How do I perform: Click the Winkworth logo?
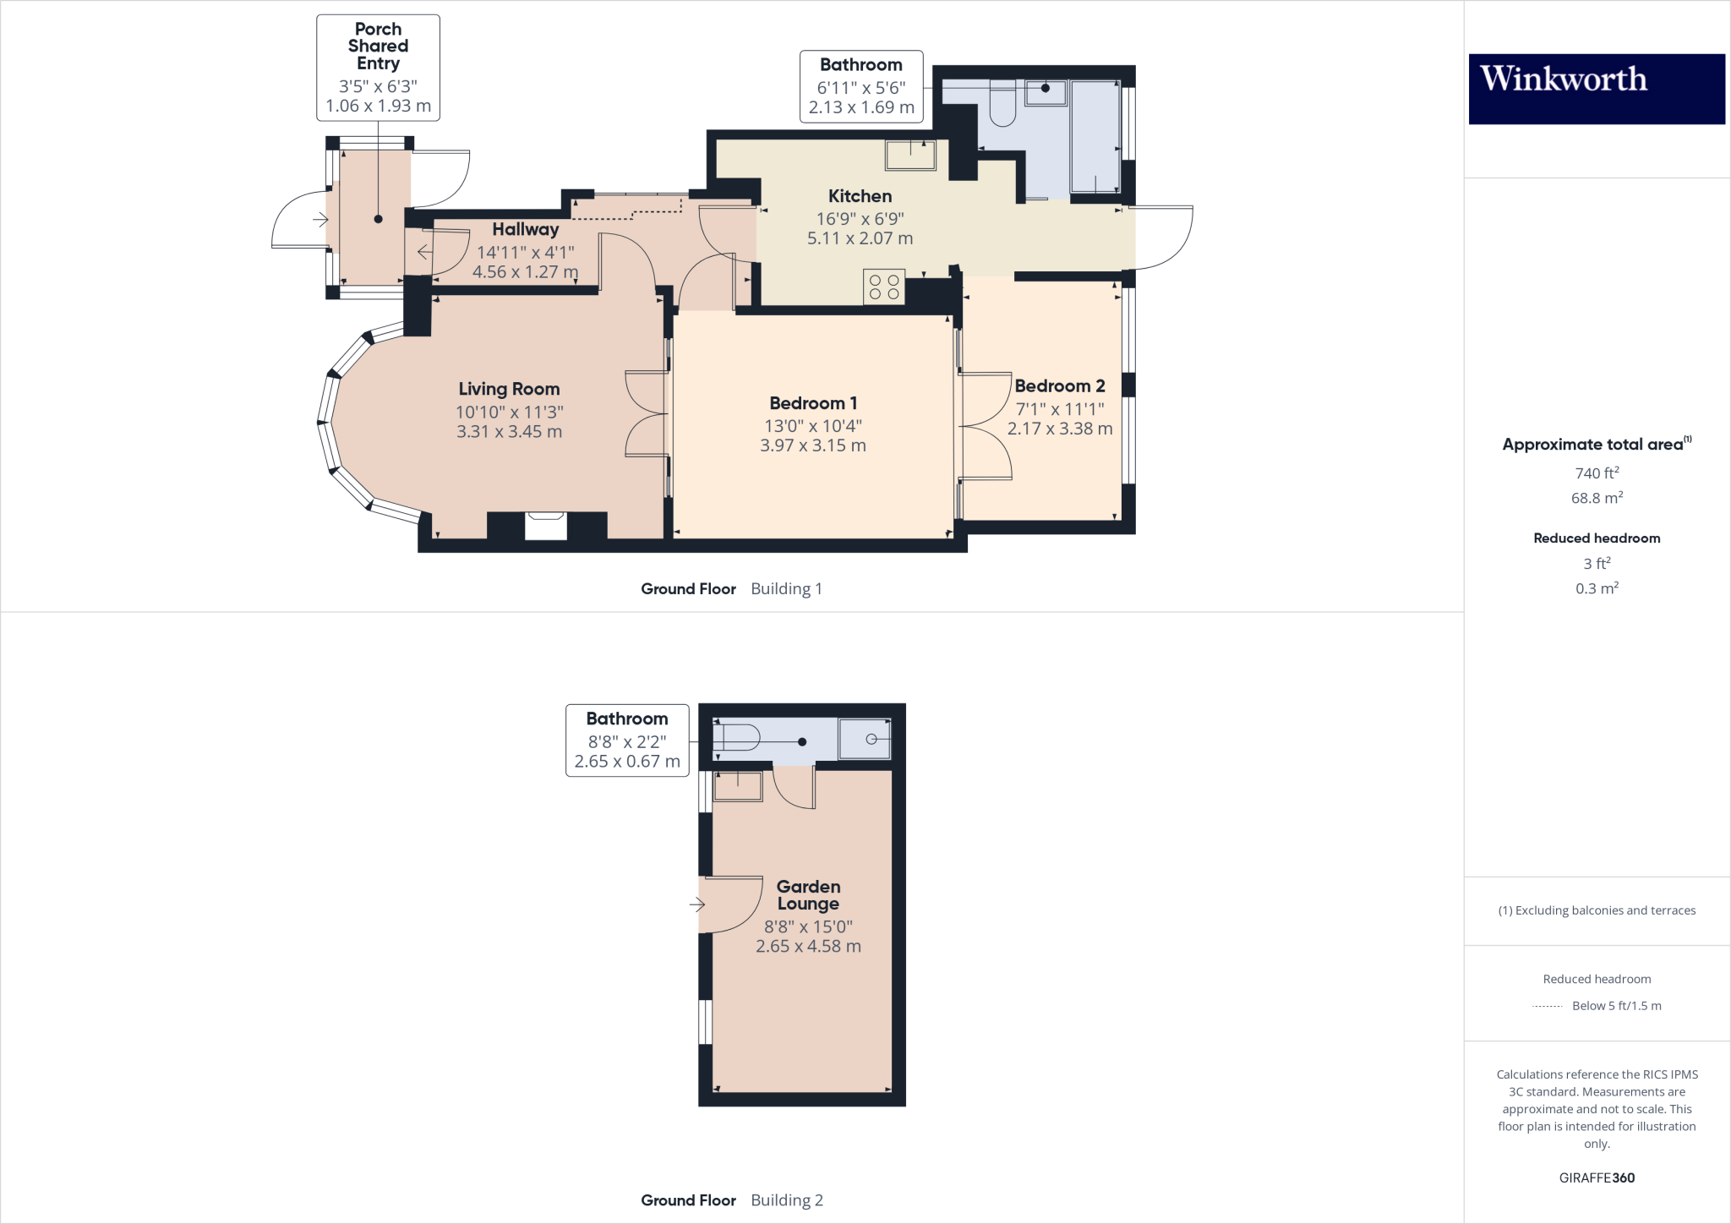point(1596,89)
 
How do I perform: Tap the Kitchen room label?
point(860,196)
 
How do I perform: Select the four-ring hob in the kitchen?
point(884,287)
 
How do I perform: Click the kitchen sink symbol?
point(910,155)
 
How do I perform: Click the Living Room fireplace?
point(546,526)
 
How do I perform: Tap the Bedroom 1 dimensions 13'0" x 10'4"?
point(812,426)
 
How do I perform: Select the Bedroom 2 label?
point(1059,386)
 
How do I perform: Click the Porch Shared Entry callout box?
point(378,68)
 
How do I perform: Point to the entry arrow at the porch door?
point(320,220)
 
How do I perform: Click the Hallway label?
point(525,229)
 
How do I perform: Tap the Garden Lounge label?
point(808,895)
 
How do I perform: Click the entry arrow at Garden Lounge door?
point(696,904)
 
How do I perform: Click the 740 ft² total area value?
point(1597,473)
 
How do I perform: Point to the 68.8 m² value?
point(1597,498)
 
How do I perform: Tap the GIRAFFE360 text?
point(1597,1178)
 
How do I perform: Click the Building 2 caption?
point(786,1200)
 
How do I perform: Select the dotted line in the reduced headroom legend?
point(1547,1006)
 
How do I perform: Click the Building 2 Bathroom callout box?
point(627,740)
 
